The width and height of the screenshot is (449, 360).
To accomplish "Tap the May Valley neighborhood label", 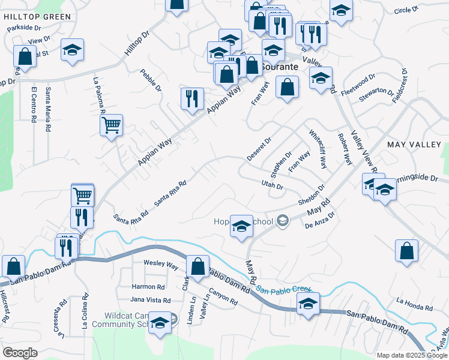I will pos(414,145).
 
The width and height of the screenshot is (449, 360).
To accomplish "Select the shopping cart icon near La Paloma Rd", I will pos(111,126).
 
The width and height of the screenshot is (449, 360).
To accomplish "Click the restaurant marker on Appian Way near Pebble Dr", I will pos(192,100).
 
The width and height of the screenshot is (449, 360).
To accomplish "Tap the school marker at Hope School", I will pos(241,227).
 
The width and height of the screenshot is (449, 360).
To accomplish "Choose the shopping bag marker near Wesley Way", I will pos(197,266).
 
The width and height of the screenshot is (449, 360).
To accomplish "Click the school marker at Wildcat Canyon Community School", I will pos(160,324).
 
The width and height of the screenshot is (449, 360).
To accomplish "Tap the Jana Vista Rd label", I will pos(151,300).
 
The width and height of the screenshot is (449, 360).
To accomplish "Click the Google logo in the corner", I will pos(20,353).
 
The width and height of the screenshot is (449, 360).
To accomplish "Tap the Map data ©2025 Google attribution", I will pos(412,355).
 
